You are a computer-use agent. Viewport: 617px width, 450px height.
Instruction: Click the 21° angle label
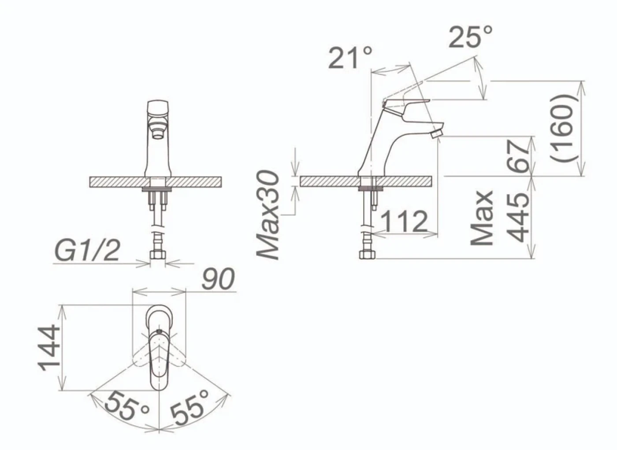click(350, 58)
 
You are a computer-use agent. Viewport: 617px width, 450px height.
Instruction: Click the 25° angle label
click(471, 37)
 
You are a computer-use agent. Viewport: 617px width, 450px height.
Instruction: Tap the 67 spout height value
click(518, 156)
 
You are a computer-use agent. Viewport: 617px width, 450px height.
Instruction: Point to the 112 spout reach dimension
click(404, 221)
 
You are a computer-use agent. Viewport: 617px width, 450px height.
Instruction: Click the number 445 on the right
click(518, 218)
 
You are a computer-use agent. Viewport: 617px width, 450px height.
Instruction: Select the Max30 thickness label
click(268, 215)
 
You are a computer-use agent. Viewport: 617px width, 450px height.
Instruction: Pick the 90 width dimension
click(218, 279)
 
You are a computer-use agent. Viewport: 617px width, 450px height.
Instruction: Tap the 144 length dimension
click(49, 348)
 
